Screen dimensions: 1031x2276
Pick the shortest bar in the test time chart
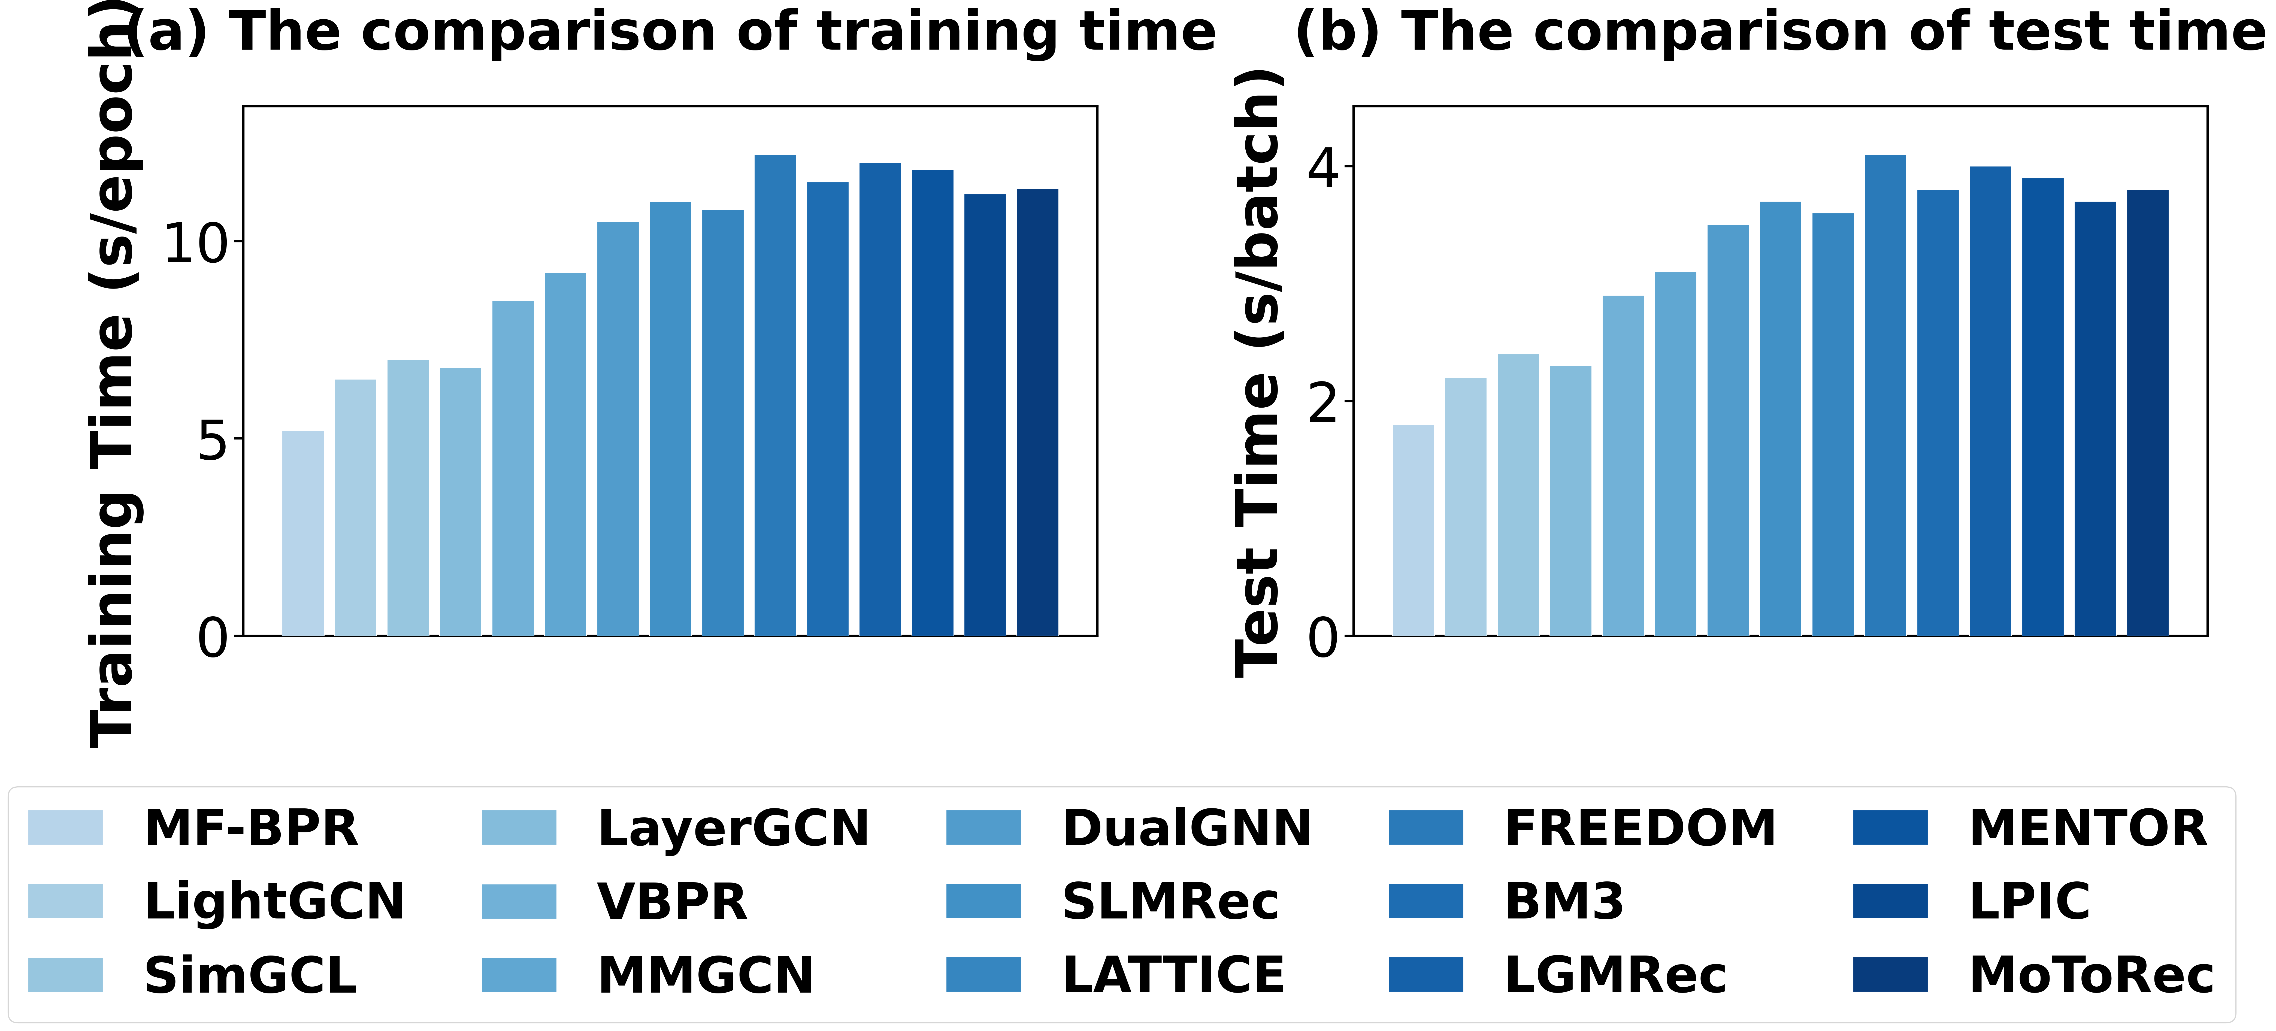click(1414, 530)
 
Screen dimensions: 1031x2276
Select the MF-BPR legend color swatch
click(65, 828)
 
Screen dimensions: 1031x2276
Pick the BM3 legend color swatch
click(1426, 901)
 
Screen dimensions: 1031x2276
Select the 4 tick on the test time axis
click(1323, 167)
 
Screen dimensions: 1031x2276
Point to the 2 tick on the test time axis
click(1323, 402)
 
